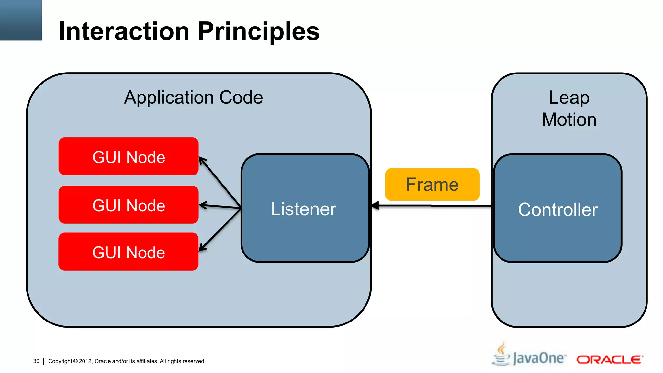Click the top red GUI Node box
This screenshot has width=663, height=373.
(x=129, y=156)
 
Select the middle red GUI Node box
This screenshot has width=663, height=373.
(x=129, y=205)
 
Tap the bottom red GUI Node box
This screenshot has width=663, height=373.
(x=129, y=252)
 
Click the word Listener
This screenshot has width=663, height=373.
(x=303, y=209)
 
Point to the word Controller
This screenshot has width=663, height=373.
(x=557, y=209)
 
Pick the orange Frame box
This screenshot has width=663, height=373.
(x=432, y=184)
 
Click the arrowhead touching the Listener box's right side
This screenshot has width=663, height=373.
(x=375, y=205)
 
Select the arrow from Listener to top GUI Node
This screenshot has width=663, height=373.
(x=220, y=182)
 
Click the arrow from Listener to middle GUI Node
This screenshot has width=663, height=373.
(x=220, y=206)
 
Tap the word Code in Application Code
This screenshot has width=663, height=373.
(x=241, y=97)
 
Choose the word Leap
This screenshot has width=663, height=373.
(x=569, y=97)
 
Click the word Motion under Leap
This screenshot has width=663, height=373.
(x=569, y=119)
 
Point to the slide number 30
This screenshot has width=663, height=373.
(x=36, y=361)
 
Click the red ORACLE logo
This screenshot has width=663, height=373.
(x=609, y=359)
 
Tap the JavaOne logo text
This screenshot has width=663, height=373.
(x=539, y=358)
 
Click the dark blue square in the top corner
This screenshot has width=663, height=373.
(x=21, y=20)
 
